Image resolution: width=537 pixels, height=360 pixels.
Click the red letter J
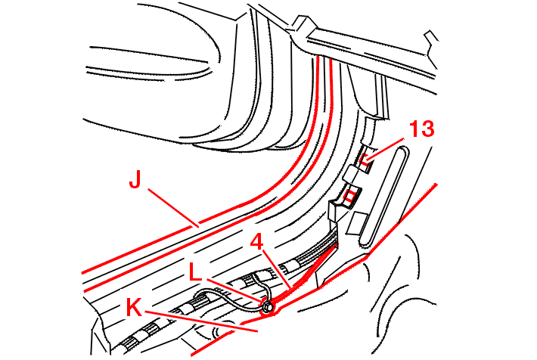pyautogui.click(x=135, y=178)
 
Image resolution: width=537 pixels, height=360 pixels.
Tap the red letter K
pyautogui.click(x=134, y=307)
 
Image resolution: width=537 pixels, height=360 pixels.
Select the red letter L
pyautogui.click(x=195, y=273)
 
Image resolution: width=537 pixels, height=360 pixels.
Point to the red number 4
pyautogui.click(x=256, y=241)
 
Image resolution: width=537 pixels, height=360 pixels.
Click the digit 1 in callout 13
pyautogui.click(x=414, y=129)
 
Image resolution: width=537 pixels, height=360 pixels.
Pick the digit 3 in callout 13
pyautogui.click(x=428, y=129)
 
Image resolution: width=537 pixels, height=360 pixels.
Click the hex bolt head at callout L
pyautogui.click(x=268, y=307)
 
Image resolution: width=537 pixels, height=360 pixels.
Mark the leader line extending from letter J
pyautogui.click(x=173, y=207)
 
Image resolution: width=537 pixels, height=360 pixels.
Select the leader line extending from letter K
pyautogui.click(x=201, y=321)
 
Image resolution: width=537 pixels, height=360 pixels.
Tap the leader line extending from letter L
pyautogui.click(x=234, y=291)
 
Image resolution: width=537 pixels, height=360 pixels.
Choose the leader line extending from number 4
pyautogui.click(x=277, y=268)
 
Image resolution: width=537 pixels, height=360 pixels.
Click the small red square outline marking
pyautogui.click(x=350, y=197)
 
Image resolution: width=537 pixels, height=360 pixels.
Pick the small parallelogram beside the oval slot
pyautogui.click(x=356, y=223)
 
